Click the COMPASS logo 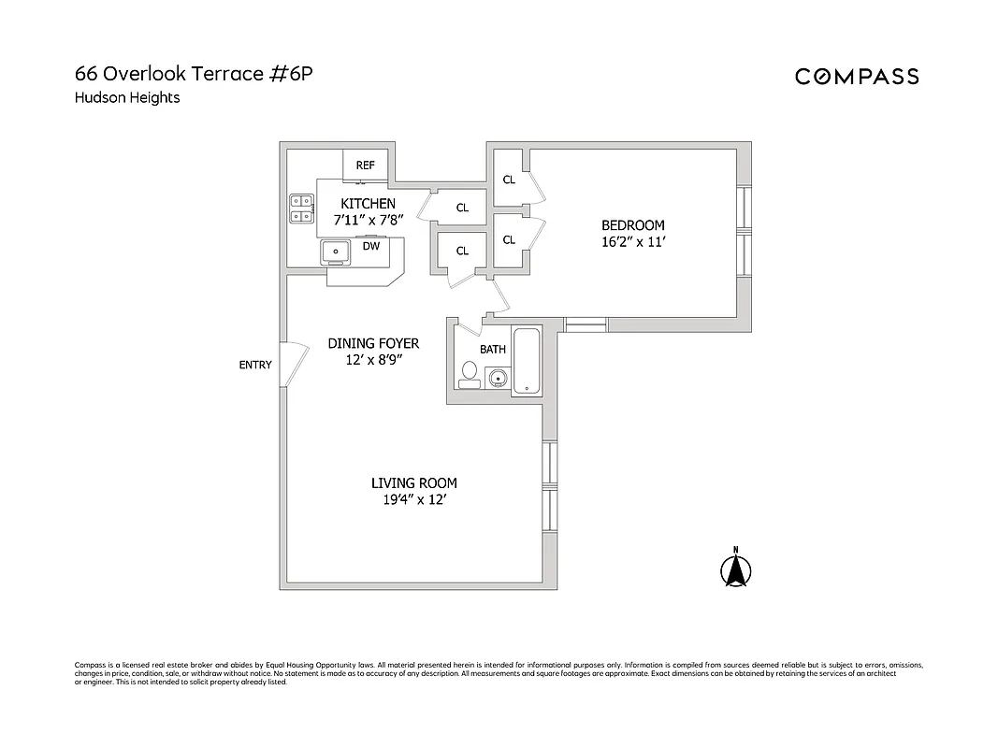(x=857, y=77)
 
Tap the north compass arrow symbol (x=736, y=568)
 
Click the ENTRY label (x=255, y=365)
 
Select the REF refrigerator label (x=365, y=165)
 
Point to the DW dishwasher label (x=371, y=247)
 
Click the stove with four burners (x=301, y=209)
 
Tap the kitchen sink (x=335, y=251)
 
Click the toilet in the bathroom (x=469, y=374)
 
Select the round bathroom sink (x=497, y=379)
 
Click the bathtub (x=528, y=361)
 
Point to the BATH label (x=493, y=350)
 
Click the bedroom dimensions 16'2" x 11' (x=633, y=241)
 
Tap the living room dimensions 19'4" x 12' (x=413, y=499)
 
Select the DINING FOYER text (x=373, y=343)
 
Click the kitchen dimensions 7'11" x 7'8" (x=368, y=220)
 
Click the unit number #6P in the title (x=291, y=74)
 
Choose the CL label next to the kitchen (x=462, y=209)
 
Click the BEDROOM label (x=633, y=225)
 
